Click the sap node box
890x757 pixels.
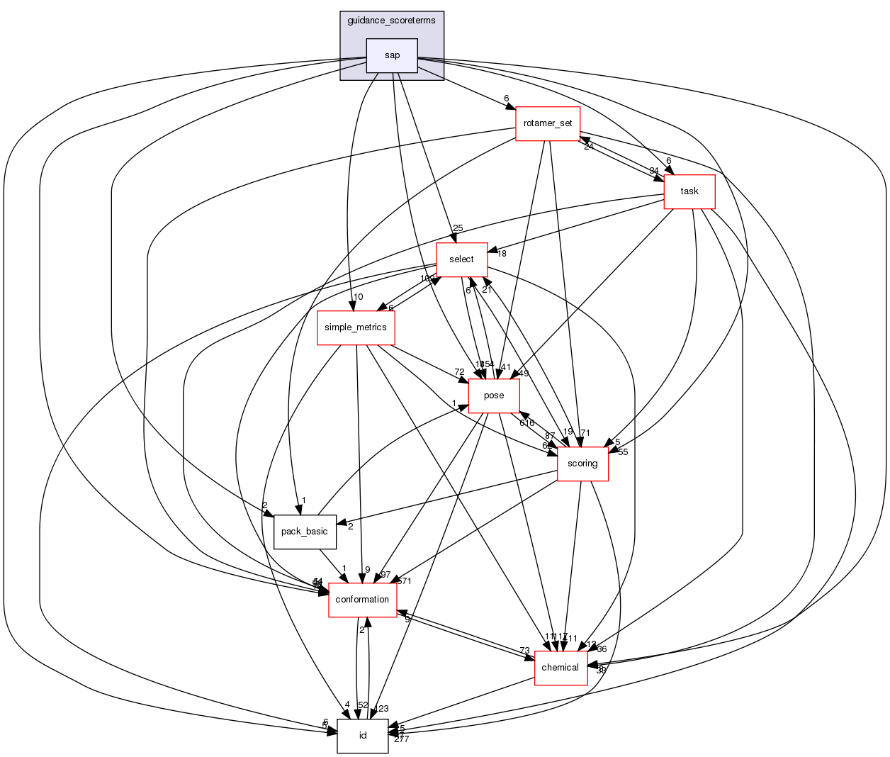tap(392, 55)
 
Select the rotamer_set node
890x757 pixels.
tap(548, 123)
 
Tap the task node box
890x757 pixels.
tap(689, 191)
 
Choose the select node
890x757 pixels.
tap(461, 259)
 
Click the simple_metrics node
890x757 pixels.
tap(356, 327)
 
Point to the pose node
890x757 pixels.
tap(494, 396)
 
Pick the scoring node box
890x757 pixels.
tap(582, 464)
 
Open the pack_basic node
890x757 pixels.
tap(305, 532)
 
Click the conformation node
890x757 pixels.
tap(362, 600)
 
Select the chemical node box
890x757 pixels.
tap(561, 668)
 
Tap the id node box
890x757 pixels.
tap(363, 736)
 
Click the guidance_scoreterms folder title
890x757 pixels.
tap(392, 21)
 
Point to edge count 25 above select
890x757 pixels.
tap(458, 228)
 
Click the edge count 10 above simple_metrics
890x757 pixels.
tap(359, 297)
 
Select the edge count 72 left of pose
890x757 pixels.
tap(459, 372)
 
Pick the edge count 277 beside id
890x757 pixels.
tap(402, 739)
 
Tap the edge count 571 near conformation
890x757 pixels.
tap(405, 581)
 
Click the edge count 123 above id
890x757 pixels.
tap(382, 709)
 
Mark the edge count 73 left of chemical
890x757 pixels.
tap(524, 651)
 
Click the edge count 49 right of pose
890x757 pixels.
tap(524, 374)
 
